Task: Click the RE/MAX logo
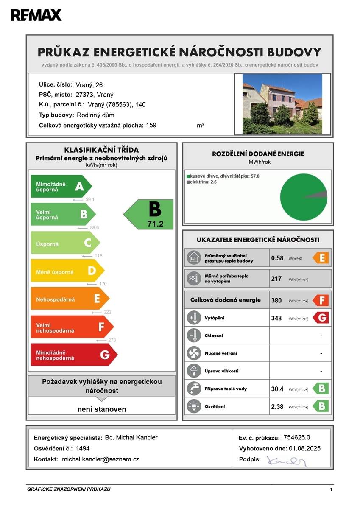(36, 15)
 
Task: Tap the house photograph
(282, 104)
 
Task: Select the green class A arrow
(61, 186)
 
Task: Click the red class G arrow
(73, 355)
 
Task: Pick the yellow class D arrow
(67, 271)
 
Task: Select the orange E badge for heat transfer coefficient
(321, 258)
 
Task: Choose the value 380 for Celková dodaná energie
(276, 300)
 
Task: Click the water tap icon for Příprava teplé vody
(194, 389)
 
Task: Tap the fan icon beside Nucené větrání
(194, 353)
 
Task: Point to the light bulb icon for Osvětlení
(194, 406)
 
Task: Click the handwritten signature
(286, 460)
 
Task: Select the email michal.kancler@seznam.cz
(100, 459)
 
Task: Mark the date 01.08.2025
(304, 448)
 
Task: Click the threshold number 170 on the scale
(102, 284)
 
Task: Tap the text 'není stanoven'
(102, 409)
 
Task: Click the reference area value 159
(151, 125)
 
